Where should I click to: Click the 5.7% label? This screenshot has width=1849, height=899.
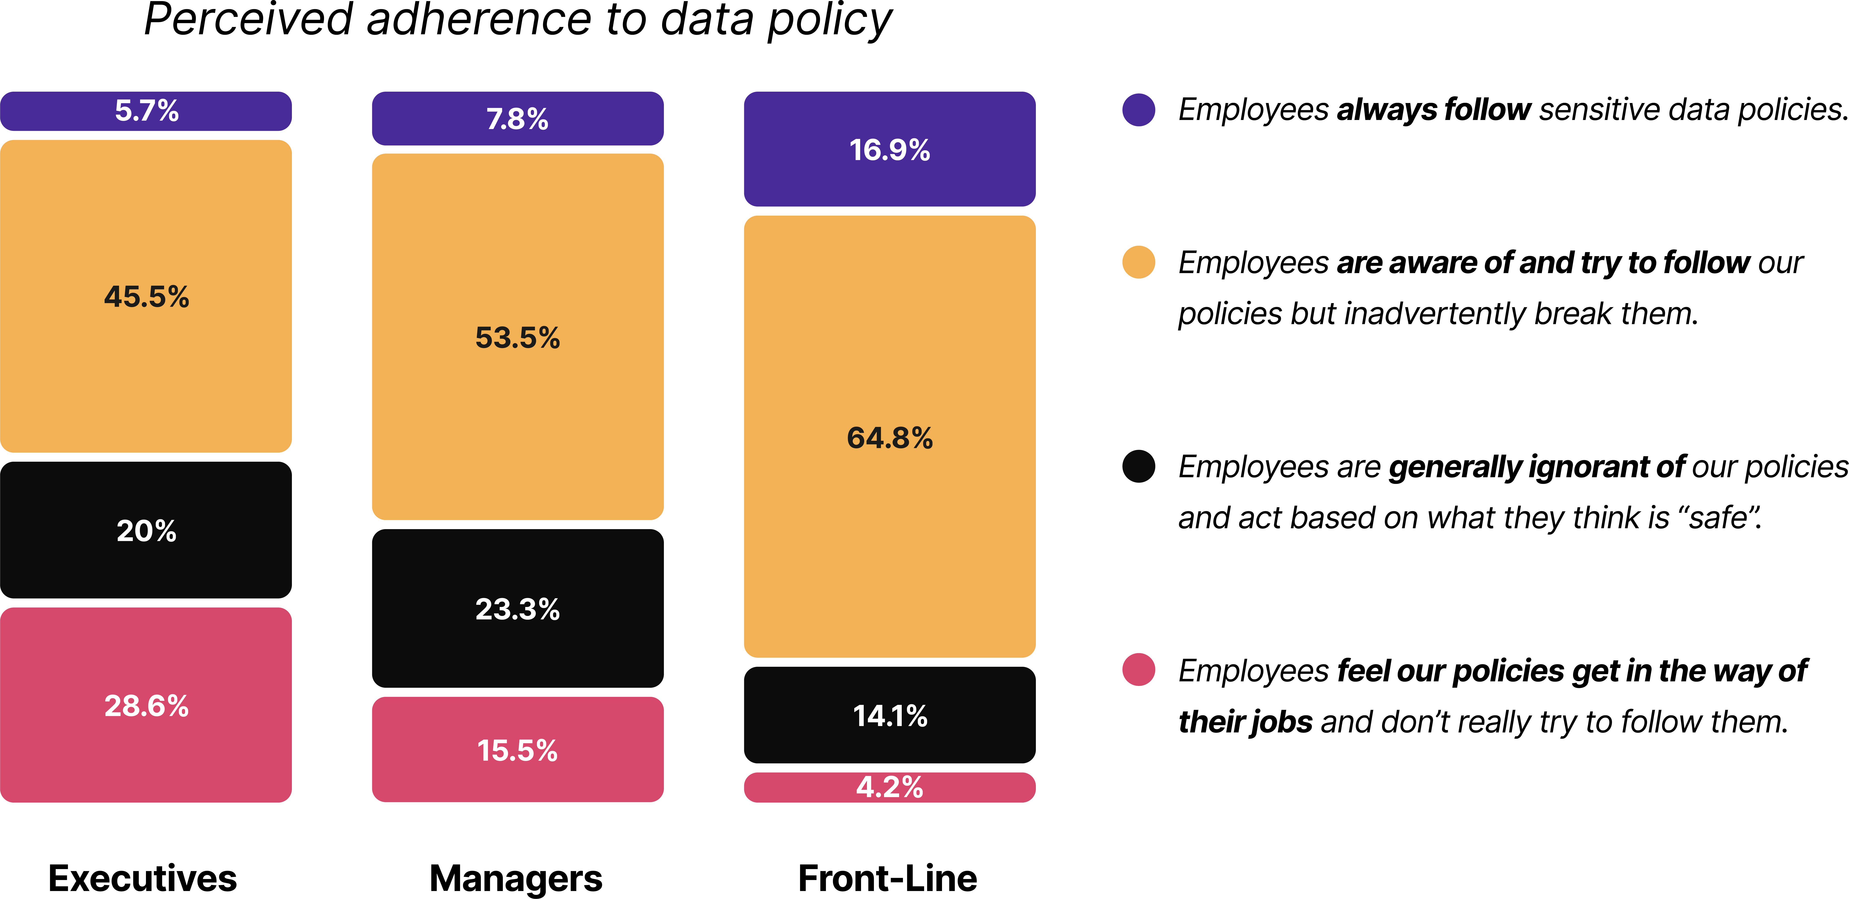[146, 110]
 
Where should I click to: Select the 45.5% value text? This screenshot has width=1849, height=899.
[146, 296]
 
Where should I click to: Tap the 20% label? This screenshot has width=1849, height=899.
[146, 531]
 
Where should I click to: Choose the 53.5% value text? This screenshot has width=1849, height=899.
[518, 337]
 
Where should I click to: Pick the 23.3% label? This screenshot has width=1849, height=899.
[518, 609]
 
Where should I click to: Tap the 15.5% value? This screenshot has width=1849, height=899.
[518, 750]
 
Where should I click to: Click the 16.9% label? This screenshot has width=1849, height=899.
[889, 150]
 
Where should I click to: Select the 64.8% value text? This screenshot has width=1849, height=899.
[889, 438]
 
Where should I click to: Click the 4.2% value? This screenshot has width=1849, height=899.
[889, 787]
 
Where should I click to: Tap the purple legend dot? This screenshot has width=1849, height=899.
[1139, 110]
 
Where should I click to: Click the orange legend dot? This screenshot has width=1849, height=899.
[1139, 262]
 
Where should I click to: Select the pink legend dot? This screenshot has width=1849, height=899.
[1139, 669]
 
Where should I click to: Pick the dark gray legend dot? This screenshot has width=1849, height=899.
[1139, 466]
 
